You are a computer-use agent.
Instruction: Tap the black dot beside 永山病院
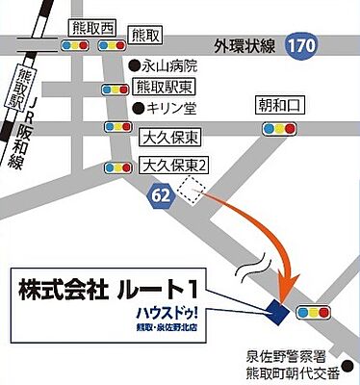point(135,66)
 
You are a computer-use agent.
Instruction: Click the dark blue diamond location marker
point(277,310)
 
